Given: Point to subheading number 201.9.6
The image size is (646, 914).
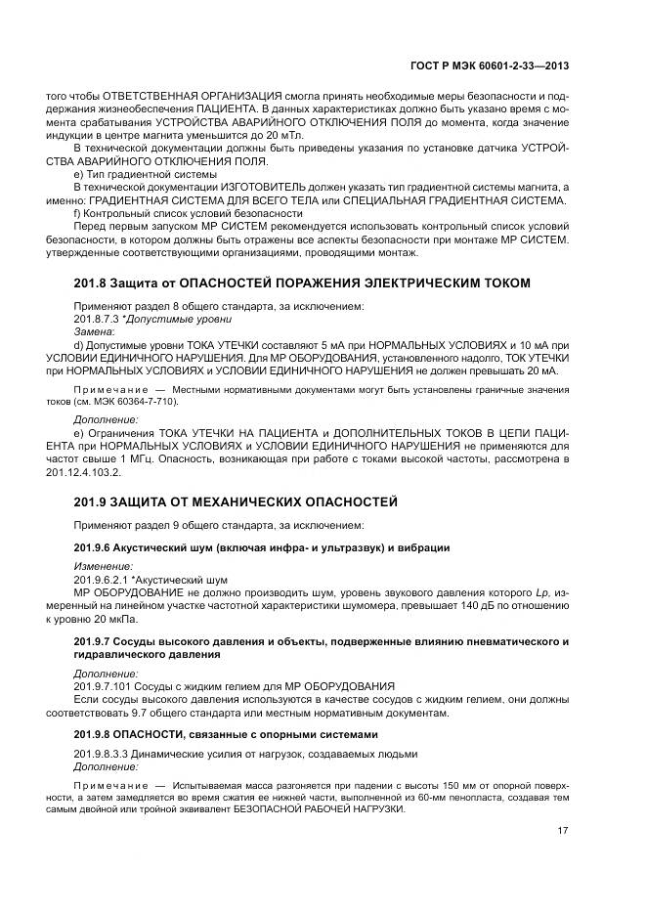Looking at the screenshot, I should point(97,547).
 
